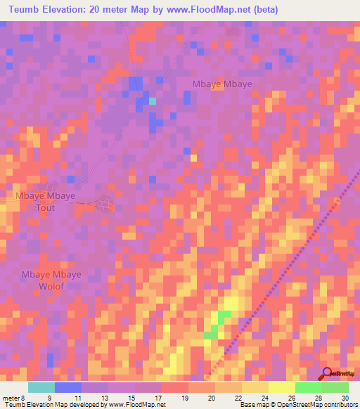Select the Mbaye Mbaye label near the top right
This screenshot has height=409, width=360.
(222, 84)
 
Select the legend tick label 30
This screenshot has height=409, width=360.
(344, 397)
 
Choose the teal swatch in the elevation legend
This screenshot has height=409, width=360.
(41, 387)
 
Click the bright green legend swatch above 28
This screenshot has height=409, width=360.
(308, 387)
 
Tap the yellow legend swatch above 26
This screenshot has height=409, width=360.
(281, 387)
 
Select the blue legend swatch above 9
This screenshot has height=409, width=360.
(68, 387)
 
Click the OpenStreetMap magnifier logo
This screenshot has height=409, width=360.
(327, 374)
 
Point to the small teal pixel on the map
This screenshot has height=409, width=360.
(152, 101)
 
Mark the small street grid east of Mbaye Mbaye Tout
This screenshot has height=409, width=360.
(106, 204)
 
